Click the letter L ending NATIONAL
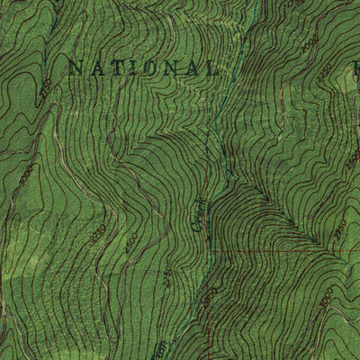211,67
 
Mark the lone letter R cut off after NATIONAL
355,66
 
